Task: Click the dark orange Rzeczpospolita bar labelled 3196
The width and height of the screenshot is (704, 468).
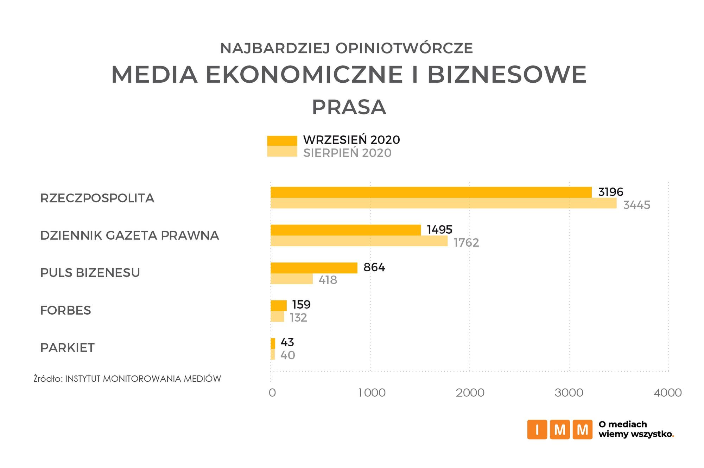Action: (x=431, y=192)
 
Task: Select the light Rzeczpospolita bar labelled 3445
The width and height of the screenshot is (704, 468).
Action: (x=443, y=203)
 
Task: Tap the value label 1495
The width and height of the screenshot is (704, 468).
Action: (x=439, y=229)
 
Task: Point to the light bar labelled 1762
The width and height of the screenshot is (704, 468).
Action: (x=359, y=241)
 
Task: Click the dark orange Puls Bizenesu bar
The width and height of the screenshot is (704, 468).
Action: (x=314, y=268)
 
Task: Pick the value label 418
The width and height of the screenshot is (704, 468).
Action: (x=328, y=280)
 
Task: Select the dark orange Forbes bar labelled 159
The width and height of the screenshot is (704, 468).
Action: (x=279, y=305)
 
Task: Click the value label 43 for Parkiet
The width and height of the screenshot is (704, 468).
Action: (x=287, y=342)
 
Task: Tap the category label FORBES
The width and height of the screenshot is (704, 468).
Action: (x=66, y=310)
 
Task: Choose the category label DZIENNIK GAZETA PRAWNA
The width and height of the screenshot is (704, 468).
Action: (x=129, y=235)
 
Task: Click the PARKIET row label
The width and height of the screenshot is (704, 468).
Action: (x=68, y=348)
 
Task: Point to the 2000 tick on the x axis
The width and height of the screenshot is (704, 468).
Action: (x=470, y=393)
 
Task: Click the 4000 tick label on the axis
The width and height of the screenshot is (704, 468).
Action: (x=667, y=393)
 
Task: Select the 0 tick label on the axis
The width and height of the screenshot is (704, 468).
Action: (x=272, y=393)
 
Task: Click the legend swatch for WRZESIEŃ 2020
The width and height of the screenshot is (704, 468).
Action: (x=282, y=140)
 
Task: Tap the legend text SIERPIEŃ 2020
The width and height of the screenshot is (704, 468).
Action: (x=347, y=153)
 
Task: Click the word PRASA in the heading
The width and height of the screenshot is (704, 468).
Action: (x=349, y=107)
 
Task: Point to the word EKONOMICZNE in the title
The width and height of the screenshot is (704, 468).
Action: (x=304, y=74)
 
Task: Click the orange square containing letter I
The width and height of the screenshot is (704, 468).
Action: (x=537, y=429)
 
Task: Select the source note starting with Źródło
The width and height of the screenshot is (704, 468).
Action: (x=127, y=379)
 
